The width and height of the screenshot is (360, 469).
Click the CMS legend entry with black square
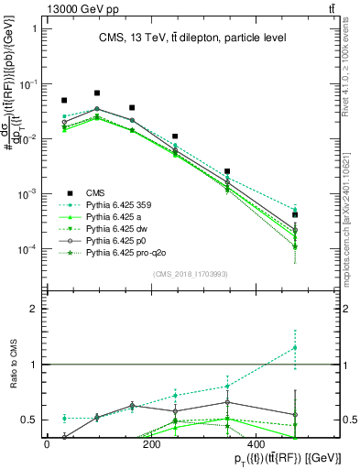(x=95, y=192)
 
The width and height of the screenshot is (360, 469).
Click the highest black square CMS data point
(x=97, y=93)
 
